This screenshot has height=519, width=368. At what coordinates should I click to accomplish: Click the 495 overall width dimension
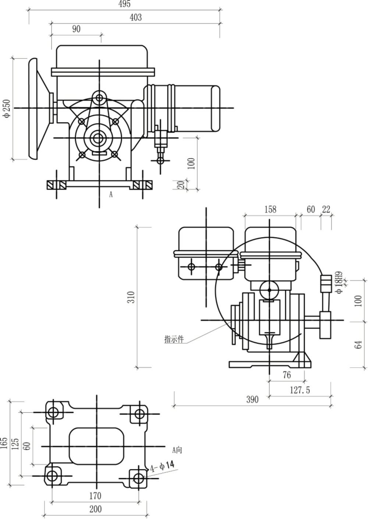coord(124,4)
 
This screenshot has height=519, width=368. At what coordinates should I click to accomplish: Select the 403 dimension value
coord(135,17)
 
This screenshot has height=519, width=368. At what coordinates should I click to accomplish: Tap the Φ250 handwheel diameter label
coord(7,108)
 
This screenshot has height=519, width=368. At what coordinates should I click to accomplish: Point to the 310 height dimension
coord(131,297)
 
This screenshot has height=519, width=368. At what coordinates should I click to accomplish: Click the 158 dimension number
coord(270,209)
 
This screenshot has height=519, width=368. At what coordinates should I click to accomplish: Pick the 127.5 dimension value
coord(300,390)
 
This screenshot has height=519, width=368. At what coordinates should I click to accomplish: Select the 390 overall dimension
coord(252,400)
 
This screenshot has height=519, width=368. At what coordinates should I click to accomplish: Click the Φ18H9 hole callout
coord(339,282)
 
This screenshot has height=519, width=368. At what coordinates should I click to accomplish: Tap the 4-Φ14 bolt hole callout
coord(162,466)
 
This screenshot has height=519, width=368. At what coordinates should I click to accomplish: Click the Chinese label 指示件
coord(174,339)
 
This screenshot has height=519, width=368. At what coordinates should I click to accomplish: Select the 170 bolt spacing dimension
coord(95,495)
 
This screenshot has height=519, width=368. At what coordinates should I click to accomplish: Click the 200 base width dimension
coord(95,509)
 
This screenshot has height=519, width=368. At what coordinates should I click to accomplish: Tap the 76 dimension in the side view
coord(287,375)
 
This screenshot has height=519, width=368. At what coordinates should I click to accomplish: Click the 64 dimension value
coord(358,344)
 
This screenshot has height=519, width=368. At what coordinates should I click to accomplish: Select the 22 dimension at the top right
coord(326,209)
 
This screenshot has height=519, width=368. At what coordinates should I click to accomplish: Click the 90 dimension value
coord(76,29)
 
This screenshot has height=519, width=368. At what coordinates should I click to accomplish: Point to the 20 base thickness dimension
coord(181,185)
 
